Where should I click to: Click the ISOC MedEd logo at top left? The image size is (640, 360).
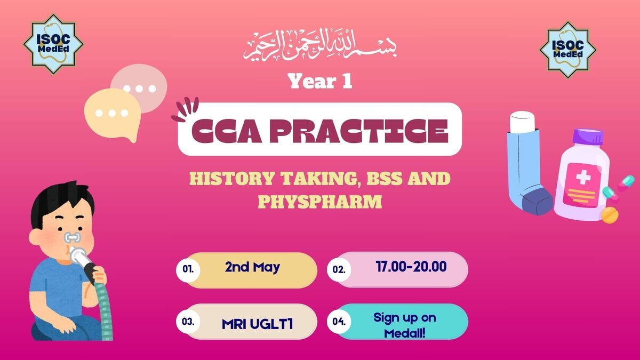click(53, 44)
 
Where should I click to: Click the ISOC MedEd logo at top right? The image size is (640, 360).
click(568, 50)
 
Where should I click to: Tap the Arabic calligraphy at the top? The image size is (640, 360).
click(320, 45)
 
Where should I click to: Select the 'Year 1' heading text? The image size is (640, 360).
click(320, 82)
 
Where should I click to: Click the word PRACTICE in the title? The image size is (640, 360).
click(359, 131)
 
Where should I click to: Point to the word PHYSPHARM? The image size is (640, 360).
click(320, 202)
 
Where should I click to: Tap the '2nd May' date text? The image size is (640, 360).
click(252, 268)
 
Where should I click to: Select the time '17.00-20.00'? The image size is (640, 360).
click(411, 267)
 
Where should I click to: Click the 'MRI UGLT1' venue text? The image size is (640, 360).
click(257, 324)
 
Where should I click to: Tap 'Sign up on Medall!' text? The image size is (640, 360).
click(405, 325)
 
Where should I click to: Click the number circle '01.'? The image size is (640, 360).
click(188, 269)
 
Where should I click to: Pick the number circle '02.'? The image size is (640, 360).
click(339, 269)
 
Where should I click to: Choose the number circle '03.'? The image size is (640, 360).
click(188, 322)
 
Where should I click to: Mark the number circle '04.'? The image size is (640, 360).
click(339, 322)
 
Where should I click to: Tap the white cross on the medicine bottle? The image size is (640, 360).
click(583, 177)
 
